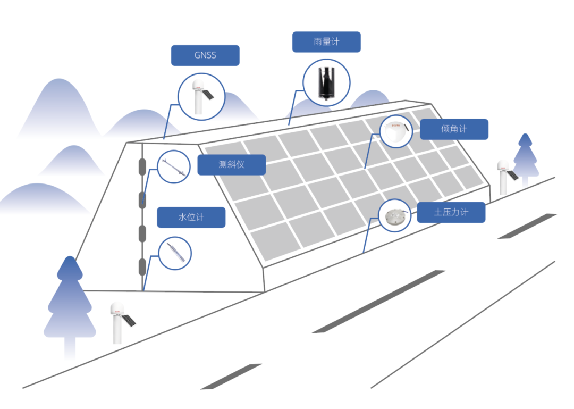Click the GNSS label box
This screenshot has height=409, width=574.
click(x=205, y=55)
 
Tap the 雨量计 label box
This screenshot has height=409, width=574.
click(x=326, y=42)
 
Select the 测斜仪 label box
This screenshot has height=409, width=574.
click(x=231, y=164)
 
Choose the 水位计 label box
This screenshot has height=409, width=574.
click(x=191, y=218)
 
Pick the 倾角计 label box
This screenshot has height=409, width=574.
click(x=454, y=129)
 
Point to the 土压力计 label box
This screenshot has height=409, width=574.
click(x=451, y=212)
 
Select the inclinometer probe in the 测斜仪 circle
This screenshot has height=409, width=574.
click(x=174, y=167)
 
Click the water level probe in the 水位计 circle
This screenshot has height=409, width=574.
click(x=174, y=253)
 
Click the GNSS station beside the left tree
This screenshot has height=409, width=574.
click(x=118, y=322)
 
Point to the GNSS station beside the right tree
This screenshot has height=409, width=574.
click(x=504, y=176)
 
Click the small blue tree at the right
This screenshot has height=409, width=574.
click(x=525, y=157)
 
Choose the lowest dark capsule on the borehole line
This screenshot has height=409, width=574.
click(x=142, y=266)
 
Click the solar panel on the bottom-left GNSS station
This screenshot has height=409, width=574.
click(x=129, y=320)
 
